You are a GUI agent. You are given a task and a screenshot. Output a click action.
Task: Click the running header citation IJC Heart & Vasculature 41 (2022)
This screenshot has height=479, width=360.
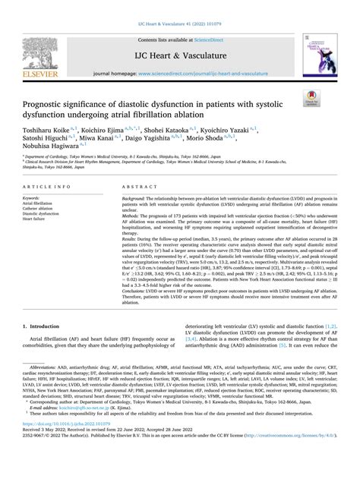[x=180, y=8]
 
